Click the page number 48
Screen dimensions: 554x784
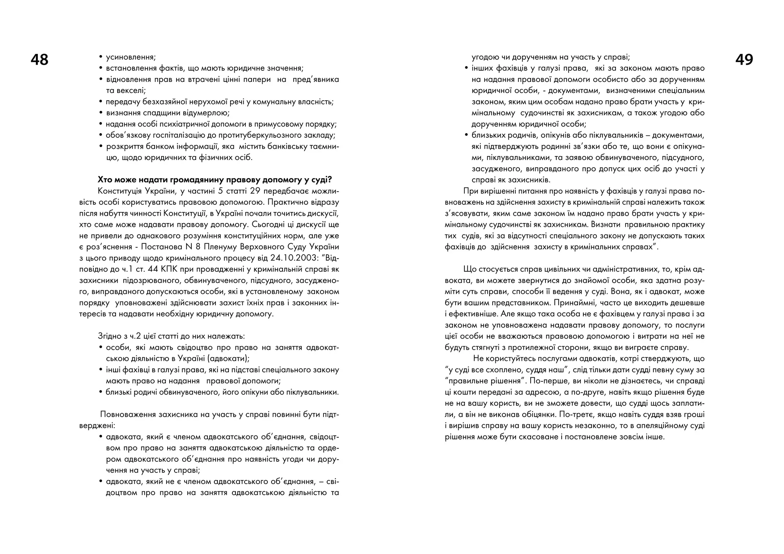[x=39, y=60]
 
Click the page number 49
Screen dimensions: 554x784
[x=744, y=60]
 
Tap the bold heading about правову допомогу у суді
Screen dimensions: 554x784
[x=215, y=180]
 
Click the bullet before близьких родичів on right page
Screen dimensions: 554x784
[x=466, y=135]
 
